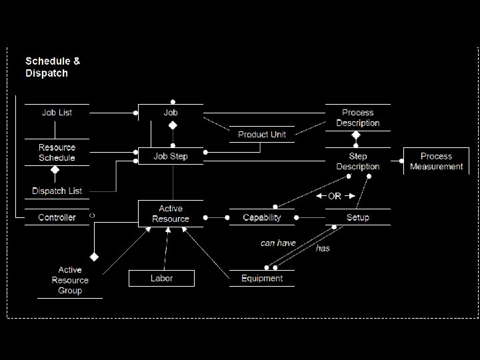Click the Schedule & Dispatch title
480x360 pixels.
[x=53, y=67]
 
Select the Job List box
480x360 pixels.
[x=57, y=113]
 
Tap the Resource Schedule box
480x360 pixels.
[x=57, y=153]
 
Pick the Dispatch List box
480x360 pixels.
[x=57, y=191]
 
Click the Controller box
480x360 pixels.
[x=57, y=217]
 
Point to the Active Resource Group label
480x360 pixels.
[x=70, y=280]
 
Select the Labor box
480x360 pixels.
[x=161, y=278]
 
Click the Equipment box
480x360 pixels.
[x=262, y=278]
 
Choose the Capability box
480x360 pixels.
[x=262, y=217]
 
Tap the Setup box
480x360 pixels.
[x=357, y=217]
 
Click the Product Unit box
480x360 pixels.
[x=262, y=135]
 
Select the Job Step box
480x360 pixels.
[x=171, y=157]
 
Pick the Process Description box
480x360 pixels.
[x=357, y=117]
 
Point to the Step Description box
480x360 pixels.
[x=357, y=161]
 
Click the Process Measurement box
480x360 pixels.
[x=436, y=161]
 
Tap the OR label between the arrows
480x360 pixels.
[x=335, y=196]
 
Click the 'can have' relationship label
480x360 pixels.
[x=278, y=243]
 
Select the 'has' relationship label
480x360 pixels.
[x=323, y=248]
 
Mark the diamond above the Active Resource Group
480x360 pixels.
[x=95, y=256]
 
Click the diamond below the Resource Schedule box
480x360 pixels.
[x=55, y=170]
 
